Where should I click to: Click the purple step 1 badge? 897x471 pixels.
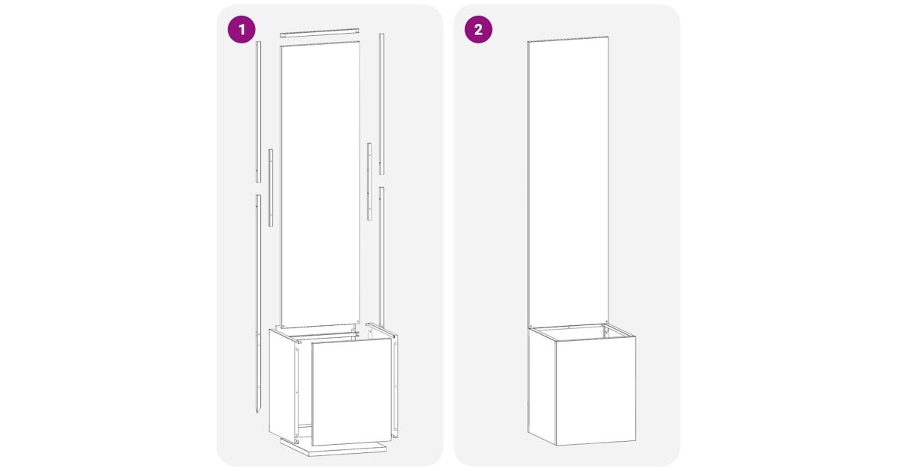point(241,29)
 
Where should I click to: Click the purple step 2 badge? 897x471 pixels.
point(478,29)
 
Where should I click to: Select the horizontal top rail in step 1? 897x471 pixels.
point(320,32)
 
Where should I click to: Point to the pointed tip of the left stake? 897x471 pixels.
point(258,413)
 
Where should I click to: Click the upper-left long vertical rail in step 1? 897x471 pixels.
point(259,111)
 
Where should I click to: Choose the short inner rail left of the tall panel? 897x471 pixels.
point(271,188)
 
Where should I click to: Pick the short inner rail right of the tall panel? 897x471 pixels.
point(369,181)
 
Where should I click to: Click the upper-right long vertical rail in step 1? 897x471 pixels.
point(382,104)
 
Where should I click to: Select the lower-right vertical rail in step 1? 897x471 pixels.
point(382,256)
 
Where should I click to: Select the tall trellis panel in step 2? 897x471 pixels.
point(568,182)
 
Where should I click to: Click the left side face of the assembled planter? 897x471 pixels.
point(541,386)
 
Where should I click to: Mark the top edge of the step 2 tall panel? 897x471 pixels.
point(568,39)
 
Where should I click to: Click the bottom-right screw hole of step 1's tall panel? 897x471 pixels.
point(357,321)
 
